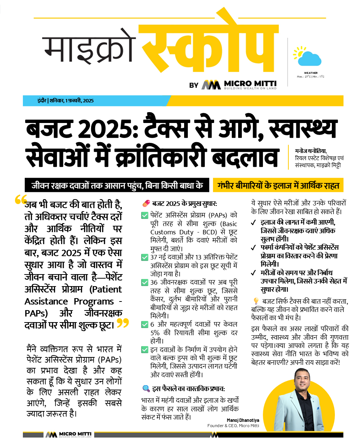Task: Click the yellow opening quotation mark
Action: [x=21, y=200]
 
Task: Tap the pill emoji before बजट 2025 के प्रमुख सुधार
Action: [x=146, y=204]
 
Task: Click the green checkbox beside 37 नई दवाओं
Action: [x=144, y=258]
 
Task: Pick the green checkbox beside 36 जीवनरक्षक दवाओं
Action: [x=144, y=282]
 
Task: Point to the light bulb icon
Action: [x=256, y=301]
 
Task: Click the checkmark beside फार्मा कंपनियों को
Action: [x=254, y=247]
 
